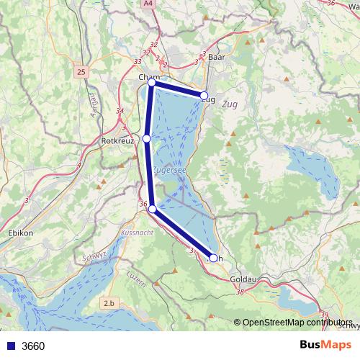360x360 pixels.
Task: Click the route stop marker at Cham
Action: point(152,83)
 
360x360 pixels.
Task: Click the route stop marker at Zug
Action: point(204,96)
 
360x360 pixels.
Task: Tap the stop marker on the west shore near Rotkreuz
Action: point(146,138)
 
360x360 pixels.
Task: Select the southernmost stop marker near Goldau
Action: point(212,257)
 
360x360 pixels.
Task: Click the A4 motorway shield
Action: point(148,4)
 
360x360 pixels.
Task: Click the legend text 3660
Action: point(33,346)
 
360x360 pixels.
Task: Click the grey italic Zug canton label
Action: point(230,104)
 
